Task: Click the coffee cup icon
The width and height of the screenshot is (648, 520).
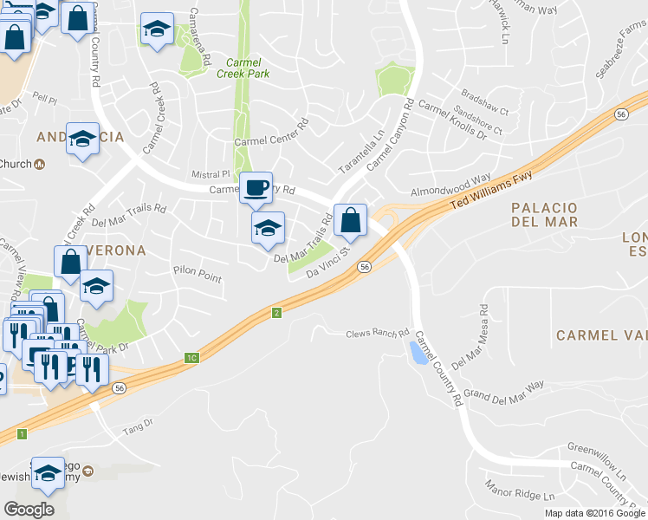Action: pos(255,188)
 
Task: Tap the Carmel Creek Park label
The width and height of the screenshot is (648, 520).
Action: pos(248,68)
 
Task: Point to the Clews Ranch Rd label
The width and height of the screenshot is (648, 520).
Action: pos(377,334)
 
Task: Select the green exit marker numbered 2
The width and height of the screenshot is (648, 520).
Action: pos(276,312)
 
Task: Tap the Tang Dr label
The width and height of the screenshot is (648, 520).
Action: pos(137,423)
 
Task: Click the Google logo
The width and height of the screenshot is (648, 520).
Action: pos(29,509)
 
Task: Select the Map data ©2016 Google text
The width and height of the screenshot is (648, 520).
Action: pos(593,513)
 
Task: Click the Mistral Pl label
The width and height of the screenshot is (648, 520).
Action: pos(212,174)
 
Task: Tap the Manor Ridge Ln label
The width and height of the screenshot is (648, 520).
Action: pos(519,490)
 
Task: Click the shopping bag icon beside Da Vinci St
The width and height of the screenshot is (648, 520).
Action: pos(349,220)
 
